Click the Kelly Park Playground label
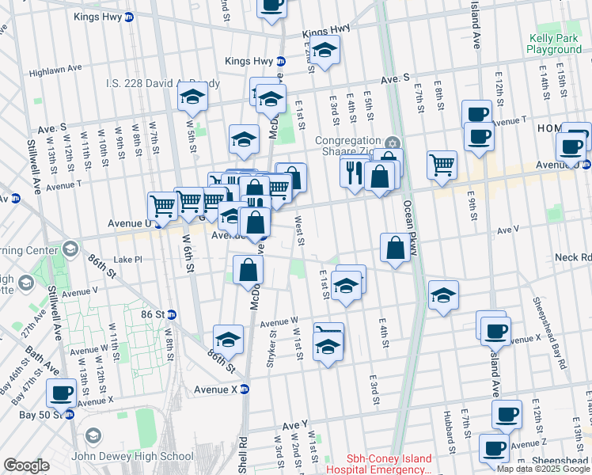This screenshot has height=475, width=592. pyautogui.click(x=554, y=44)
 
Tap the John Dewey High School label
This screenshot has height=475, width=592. pyautogui.click(x=132, y=456)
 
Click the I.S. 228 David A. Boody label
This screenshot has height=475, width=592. pyautogui.click(x=162, y=82)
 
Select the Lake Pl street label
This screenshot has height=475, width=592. pyautogui.click(x=127, y=259)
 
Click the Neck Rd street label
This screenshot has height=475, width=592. pyautogui.click(x=573, y=257)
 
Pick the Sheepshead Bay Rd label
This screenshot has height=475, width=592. pyautogui.click(x=549, y=333)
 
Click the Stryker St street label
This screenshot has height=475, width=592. pyautogui.click(x=272, y=345)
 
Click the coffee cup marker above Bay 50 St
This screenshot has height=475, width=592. pyautogui.click(x=61, y=393)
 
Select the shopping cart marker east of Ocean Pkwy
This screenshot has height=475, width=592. pyautogui.click(x=442, y=165)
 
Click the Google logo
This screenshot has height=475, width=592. pyautogui.click(x=26, y=465)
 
